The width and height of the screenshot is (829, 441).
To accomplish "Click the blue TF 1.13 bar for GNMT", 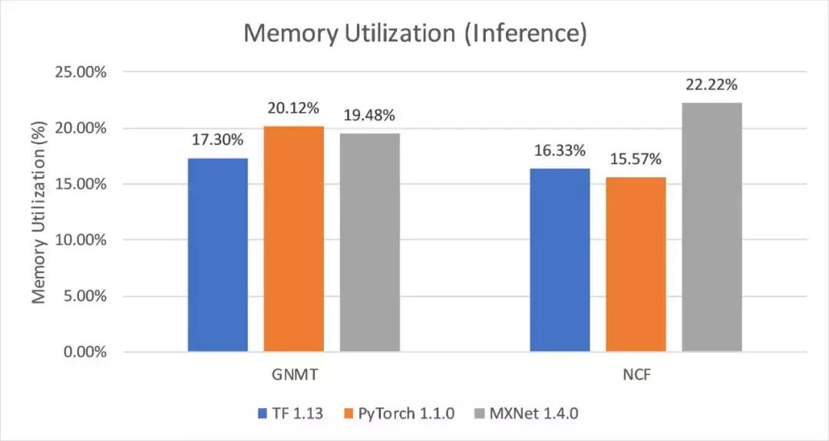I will [218, 255].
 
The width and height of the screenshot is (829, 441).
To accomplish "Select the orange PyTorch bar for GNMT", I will [294, 239].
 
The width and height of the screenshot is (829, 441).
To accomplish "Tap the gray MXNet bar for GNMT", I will [370, 242].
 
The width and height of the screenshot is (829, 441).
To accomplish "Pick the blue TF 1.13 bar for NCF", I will [560, 260].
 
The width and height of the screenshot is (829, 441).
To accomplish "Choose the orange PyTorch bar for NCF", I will [636, 265].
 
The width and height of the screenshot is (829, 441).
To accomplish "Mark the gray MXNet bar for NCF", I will [712, 227].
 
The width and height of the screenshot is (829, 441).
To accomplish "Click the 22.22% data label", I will [712, 84].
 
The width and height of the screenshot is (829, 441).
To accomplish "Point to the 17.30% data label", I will [218, 140].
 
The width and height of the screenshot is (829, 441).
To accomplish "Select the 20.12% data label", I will [294, 108].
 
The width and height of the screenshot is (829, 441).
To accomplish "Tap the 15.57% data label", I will [636, 160].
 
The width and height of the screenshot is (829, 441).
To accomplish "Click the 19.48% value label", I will [370, 116].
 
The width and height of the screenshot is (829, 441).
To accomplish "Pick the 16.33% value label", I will [560, 150].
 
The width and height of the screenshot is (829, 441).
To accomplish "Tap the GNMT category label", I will [294, 377].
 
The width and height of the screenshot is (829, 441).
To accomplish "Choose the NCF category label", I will [636, 377].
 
